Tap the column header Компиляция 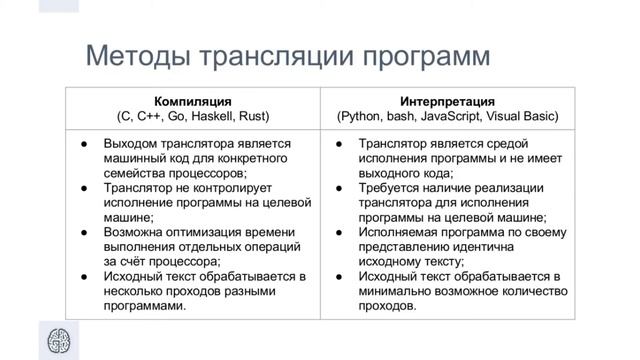coord(193,101)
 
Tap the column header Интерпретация coord(447,101)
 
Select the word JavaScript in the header coord(455,116)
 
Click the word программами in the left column coord(147,305)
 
